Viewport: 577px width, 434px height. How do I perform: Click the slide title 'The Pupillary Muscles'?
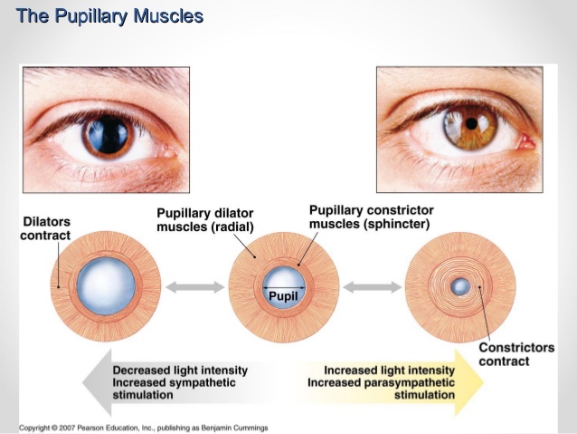pos(109,16)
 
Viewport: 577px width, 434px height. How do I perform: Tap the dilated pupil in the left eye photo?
pos(109,134)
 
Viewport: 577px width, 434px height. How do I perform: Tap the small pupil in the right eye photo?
pos(471,123)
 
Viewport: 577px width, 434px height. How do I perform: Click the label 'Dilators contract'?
pos(45,228)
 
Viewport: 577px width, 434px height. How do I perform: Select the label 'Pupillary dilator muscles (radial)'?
pos(205,220)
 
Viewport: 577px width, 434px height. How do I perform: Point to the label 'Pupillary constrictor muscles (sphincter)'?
pos(372,217)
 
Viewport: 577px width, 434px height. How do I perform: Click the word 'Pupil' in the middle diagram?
pos(283,295)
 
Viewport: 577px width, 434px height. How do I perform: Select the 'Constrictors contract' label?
pos(516,354)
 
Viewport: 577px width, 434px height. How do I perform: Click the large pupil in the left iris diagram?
pos(106,285)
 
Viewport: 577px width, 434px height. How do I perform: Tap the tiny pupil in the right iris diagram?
pos(460,286)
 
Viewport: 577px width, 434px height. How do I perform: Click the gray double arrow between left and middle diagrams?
pos(194,287)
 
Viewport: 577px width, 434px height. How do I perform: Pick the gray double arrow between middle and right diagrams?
pos(372,287)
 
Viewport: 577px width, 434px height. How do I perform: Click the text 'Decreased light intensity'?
pos(180,371)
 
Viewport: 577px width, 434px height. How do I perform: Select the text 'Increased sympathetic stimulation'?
pos(174,389)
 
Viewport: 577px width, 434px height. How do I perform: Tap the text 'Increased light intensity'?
pos(389,371)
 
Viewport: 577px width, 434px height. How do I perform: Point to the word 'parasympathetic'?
pos(409,382)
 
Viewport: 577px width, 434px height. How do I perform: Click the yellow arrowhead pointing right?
pos(468,382)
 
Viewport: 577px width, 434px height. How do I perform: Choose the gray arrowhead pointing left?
pos(97,382)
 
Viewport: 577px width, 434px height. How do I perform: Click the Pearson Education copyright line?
pos(144,428)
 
